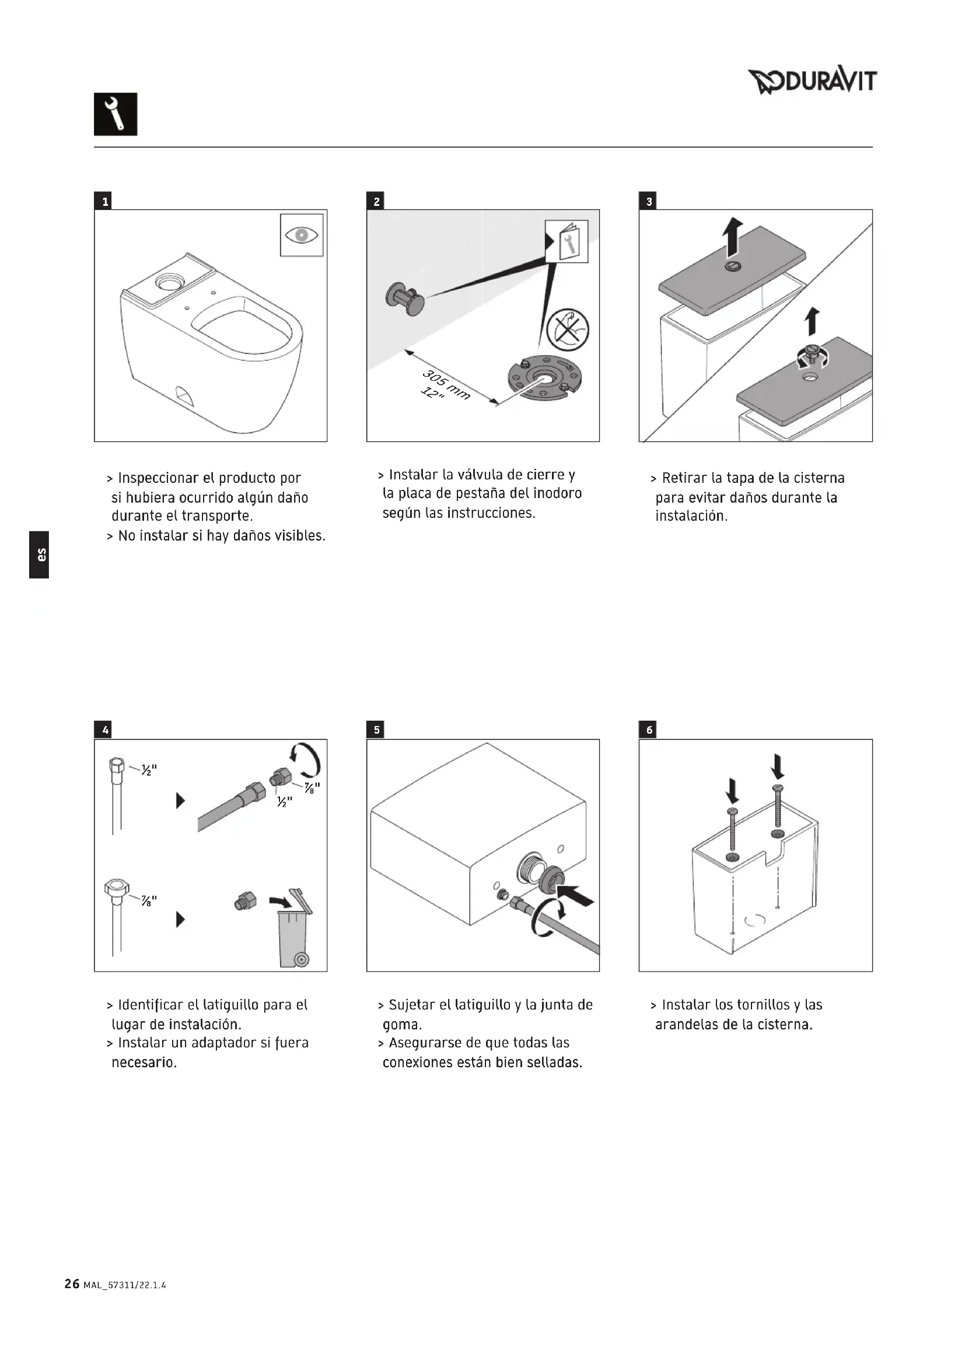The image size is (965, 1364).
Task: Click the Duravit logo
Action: click(812, 82)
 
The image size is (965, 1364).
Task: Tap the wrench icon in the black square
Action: click(116, 114)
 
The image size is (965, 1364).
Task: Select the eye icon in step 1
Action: click(302, 235)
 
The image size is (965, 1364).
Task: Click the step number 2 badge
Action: click(376, 201)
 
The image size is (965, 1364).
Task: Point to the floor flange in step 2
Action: click(543, 380)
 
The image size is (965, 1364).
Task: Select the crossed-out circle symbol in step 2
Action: click(568, 329)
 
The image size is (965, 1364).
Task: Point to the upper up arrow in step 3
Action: click(733, 236)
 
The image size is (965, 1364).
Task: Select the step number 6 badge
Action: click(648, 730)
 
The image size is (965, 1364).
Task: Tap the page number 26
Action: click(72, 1284)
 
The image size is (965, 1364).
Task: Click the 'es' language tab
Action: click(39, 554)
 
